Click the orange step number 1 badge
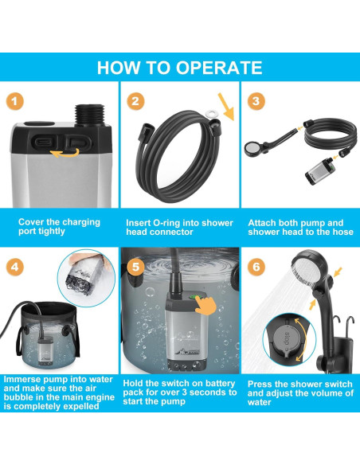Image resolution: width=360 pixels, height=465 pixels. (14, 102)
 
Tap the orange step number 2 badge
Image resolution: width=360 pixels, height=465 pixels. (135, 101)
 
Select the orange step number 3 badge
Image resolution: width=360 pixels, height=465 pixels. (256, 101)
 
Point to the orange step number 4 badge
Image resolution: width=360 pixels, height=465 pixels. (14, 268)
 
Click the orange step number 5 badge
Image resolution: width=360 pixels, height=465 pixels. (135, 267)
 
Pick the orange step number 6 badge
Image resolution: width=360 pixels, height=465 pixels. (256, 267)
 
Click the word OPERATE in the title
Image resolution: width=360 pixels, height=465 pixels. (219, 68)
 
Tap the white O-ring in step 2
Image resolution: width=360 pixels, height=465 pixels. (212, 113)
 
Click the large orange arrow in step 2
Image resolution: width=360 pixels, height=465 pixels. (226, 107)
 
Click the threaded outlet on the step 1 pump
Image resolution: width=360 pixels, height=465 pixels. (90, 115)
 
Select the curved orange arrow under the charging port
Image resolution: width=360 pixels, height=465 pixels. (65, 153)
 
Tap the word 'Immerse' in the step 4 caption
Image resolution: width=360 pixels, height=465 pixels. (23, 379)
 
